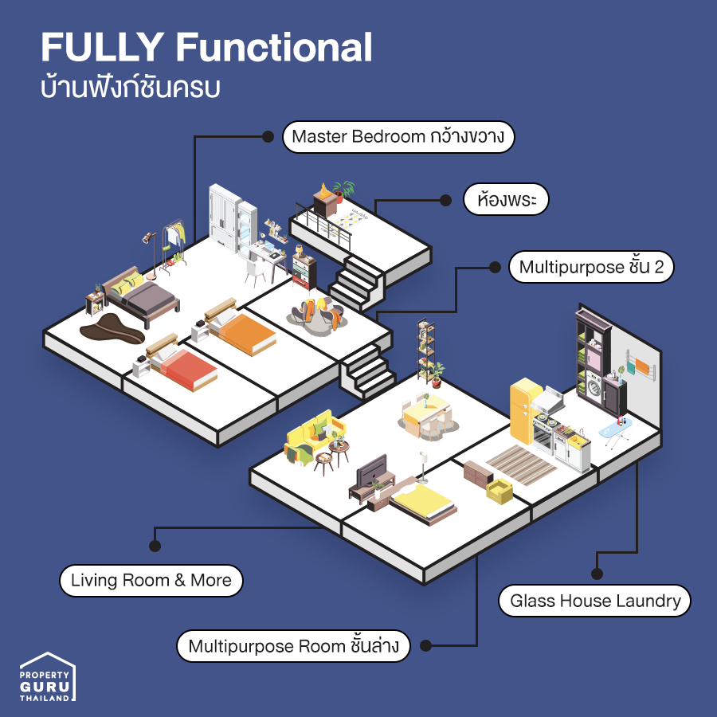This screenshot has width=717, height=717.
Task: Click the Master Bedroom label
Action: point(398,136)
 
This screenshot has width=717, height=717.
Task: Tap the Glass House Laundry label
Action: point(594,601)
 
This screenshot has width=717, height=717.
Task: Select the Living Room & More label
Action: point(151,580)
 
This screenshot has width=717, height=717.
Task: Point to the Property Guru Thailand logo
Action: point(48,676)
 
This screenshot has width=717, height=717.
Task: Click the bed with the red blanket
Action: point(185,368)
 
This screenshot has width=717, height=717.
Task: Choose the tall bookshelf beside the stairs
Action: point(425,349)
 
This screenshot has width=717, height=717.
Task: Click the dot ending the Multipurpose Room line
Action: point(425,645)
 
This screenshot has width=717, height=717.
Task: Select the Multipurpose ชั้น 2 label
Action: point(591,268)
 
